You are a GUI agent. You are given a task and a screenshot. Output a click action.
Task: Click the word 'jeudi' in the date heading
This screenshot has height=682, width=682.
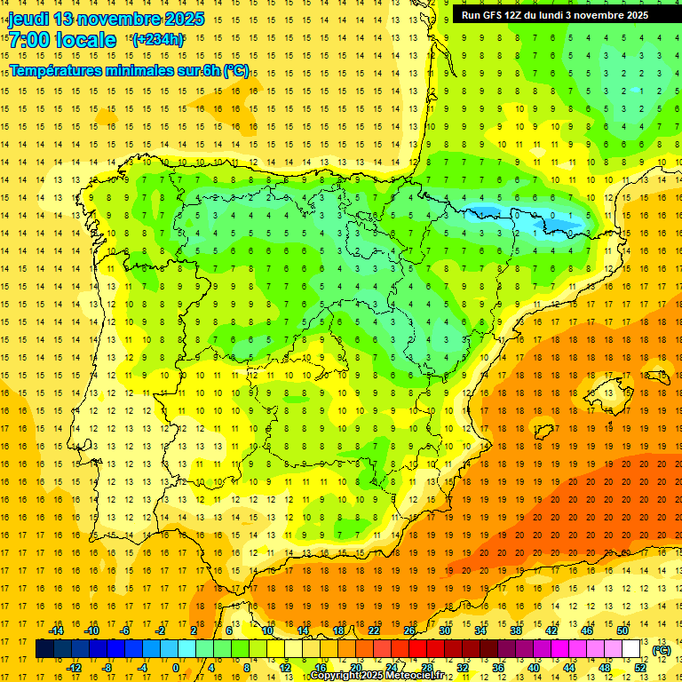coord(28,19)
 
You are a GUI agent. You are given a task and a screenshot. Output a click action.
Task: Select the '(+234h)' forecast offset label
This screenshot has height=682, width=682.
coord(158,39)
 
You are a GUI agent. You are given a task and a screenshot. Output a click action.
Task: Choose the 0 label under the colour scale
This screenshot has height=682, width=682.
coord(176,667)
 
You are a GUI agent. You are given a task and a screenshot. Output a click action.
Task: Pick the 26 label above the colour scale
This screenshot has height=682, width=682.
coord(409,630)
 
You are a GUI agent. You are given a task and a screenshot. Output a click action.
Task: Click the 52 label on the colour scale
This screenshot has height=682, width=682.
coord(640,667)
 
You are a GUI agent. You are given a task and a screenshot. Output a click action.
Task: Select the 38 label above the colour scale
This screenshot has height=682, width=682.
coord(516,630)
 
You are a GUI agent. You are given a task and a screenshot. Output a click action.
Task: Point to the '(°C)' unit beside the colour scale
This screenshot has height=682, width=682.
coord(662,650)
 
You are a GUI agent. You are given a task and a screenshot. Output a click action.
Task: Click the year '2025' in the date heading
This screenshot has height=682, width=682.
coord(182,19)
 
